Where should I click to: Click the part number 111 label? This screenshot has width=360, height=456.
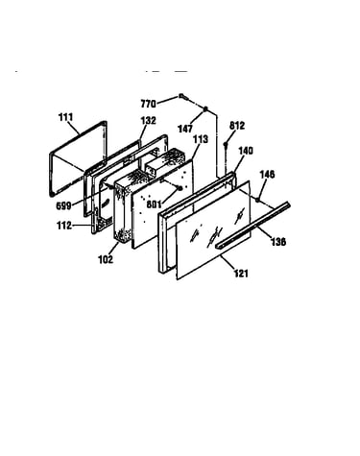tap(65, 117)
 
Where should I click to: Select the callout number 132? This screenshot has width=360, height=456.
tap(149, 121)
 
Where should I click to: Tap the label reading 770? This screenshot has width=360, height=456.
tap(148, 104)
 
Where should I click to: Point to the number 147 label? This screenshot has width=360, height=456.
tap(185, 129)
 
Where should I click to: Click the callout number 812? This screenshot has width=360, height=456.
tap(237, 126)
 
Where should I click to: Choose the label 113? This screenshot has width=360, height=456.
tap(201, 139)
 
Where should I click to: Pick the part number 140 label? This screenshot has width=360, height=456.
tap(246, 151)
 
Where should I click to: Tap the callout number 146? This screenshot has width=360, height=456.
tap(267, 175)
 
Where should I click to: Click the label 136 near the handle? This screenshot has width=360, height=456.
tap(278, 242)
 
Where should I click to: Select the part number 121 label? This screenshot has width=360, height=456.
tap(241, 274)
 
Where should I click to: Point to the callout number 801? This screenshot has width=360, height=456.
tap(154, 204)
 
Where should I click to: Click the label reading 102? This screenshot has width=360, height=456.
tap(106, 259)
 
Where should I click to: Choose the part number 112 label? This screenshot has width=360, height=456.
tap(64, 226)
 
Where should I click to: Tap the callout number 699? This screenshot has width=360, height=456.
tap(63, 206)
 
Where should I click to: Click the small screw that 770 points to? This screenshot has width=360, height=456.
tap(181, 95)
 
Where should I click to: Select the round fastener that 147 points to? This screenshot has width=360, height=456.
tap(205, 108)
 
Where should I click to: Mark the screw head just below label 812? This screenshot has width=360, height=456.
tap(226, 144)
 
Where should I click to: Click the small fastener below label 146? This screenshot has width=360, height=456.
tap(257, 200)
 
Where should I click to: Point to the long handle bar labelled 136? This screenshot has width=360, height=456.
tap(252, 226)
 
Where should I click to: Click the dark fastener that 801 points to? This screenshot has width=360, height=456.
tap(180, 188)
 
